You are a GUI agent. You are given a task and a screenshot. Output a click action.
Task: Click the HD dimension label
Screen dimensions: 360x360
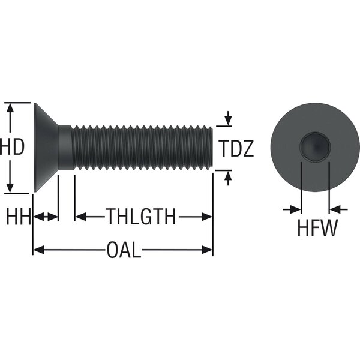click(12, 147)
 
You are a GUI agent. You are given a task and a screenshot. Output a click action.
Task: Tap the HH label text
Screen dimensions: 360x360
click(19, 216)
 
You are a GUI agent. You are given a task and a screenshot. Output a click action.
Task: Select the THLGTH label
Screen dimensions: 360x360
click(141, 216)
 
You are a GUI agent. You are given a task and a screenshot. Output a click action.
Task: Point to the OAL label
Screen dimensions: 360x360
click(124, 250)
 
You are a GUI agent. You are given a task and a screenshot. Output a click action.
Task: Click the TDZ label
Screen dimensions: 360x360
click(236, 148)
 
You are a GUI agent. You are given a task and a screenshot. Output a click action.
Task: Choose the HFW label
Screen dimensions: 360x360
click(317, 227)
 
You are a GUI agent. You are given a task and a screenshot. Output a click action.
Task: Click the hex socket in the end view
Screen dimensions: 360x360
click(315, 147)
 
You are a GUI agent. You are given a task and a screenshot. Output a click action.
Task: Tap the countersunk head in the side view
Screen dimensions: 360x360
click(46, 148)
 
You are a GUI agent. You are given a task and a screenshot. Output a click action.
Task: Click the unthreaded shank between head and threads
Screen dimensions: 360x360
click(65, 148)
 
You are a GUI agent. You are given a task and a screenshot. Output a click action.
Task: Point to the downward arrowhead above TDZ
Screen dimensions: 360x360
click(228, 121)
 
